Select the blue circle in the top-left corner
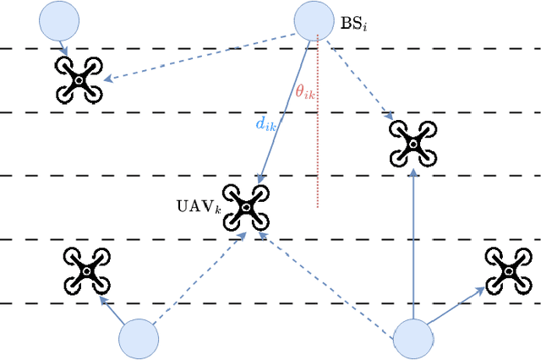pos(59,19)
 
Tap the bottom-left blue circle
pos(139,340)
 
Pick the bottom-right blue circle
pos(414,340)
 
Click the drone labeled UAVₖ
pos(245,207)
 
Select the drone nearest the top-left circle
pos(78,79)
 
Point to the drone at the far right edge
pos(508,270)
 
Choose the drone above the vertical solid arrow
pos(413,142)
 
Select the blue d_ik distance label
pos(265,124)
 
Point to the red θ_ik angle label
pos(304,91)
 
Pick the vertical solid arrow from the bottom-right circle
pos(413,245)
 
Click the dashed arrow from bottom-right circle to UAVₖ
pos(330,283)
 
